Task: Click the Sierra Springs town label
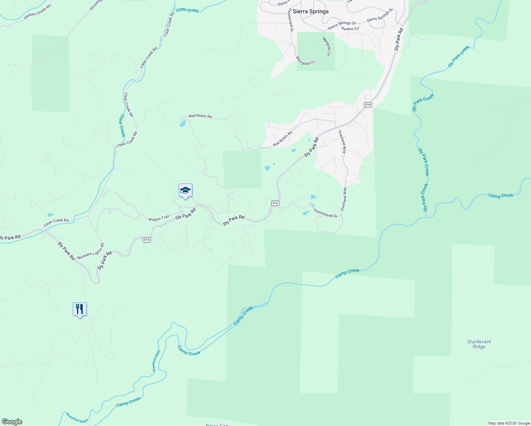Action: [311, 12]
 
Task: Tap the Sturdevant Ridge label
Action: [479, 344]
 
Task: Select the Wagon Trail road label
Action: [159, 219]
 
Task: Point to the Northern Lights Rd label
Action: [91, 251]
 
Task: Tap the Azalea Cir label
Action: [350, 28]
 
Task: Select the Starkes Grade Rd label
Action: [37, 12]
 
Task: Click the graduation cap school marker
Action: [185, 191]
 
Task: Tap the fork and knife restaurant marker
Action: [80, 309]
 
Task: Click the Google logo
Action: [12, 422]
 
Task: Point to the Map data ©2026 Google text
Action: [509, 423]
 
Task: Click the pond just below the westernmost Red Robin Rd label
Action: [182, 124]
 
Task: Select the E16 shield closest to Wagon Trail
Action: [147, 240]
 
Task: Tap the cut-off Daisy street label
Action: [283, 3]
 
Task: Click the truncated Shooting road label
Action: [96, 5]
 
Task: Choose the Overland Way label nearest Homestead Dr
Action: [344, 199]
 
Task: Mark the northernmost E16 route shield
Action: [368, 105]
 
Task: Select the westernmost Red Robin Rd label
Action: [200, 116]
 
